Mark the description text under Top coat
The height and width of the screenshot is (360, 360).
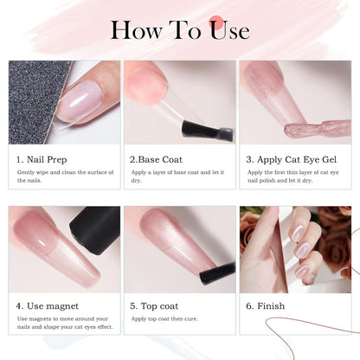click(x=170, y=318)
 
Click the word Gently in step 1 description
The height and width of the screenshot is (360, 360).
click(x=26, y=173)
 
